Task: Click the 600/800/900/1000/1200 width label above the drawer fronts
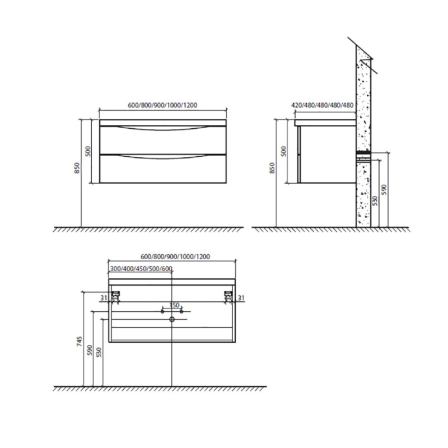(x=162, y=105)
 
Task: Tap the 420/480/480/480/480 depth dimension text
(x=323, y=105)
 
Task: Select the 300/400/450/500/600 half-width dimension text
(x=141, y=269)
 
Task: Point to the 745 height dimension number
(x=80, y=342)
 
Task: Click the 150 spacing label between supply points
(x=174, y=305)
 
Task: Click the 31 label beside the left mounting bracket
(x=104, y=298)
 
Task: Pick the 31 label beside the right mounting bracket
(x=241, y=298)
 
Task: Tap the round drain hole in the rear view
(x=172, y=319)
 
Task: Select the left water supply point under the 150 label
(x=162, y=311)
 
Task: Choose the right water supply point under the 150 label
(x=181, y=311)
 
